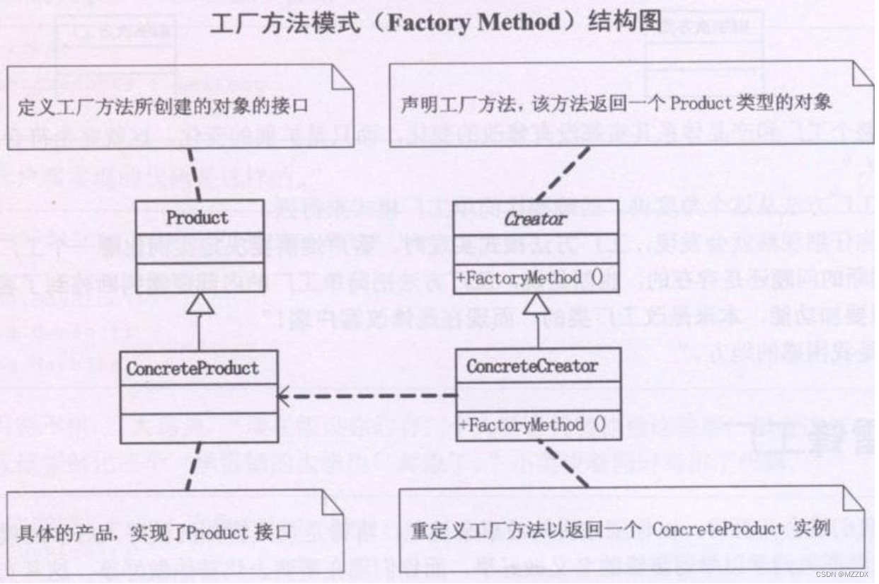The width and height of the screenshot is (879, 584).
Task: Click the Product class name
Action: pyautogui.click(x=197, y=217)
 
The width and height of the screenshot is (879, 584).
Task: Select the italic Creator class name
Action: pyautogui.click(x=536, y=219)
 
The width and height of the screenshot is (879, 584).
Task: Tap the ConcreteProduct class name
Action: pyautogui.click(x=193, y=369)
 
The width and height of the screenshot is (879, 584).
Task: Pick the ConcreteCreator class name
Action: pyautogui.click(x=532, y=366)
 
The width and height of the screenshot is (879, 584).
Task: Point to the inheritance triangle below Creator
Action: pyautogui.click(x=537, y=304)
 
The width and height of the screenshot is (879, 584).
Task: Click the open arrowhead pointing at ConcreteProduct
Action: pyautogui.click(x=284, y=396)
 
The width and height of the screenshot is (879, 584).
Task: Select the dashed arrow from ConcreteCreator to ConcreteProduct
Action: pyautogui.click(x=368, y=396)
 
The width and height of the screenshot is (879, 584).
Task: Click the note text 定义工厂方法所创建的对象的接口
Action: pyautogui.click(x=163, y=108)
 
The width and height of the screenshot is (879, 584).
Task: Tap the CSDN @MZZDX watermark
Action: pyautogui.click(x=846, y=575)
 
